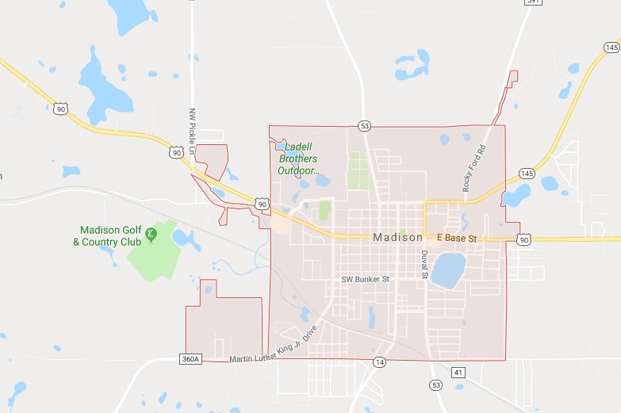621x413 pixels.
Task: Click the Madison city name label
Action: [x=397, y=238]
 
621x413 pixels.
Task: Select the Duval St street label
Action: [x=425, y=266]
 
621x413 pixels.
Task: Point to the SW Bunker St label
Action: [x=366, y=279]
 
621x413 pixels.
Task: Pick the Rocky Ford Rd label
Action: [x=473, y=168]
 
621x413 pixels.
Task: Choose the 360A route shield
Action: [x=191, y=359]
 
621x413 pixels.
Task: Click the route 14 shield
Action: [x=380, y=362]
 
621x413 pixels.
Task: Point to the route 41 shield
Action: [x=458, y=371]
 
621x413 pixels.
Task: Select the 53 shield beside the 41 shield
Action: [x=435, y=384]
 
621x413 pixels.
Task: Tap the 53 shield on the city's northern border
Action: [x=364, y=126]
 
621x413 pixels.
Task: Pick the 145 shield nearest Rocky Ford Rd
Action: [x=527, y=174]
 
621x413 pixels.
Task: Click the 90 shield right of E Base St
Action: [x=523, y=238]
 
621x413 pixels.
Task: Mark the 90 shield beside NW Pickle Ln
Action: [x=176, y=152]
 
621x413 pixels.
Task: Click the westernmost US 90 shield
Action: [x=60, y=109]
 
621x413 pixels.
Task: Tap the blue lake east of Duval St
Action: [x=448, y=270]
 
